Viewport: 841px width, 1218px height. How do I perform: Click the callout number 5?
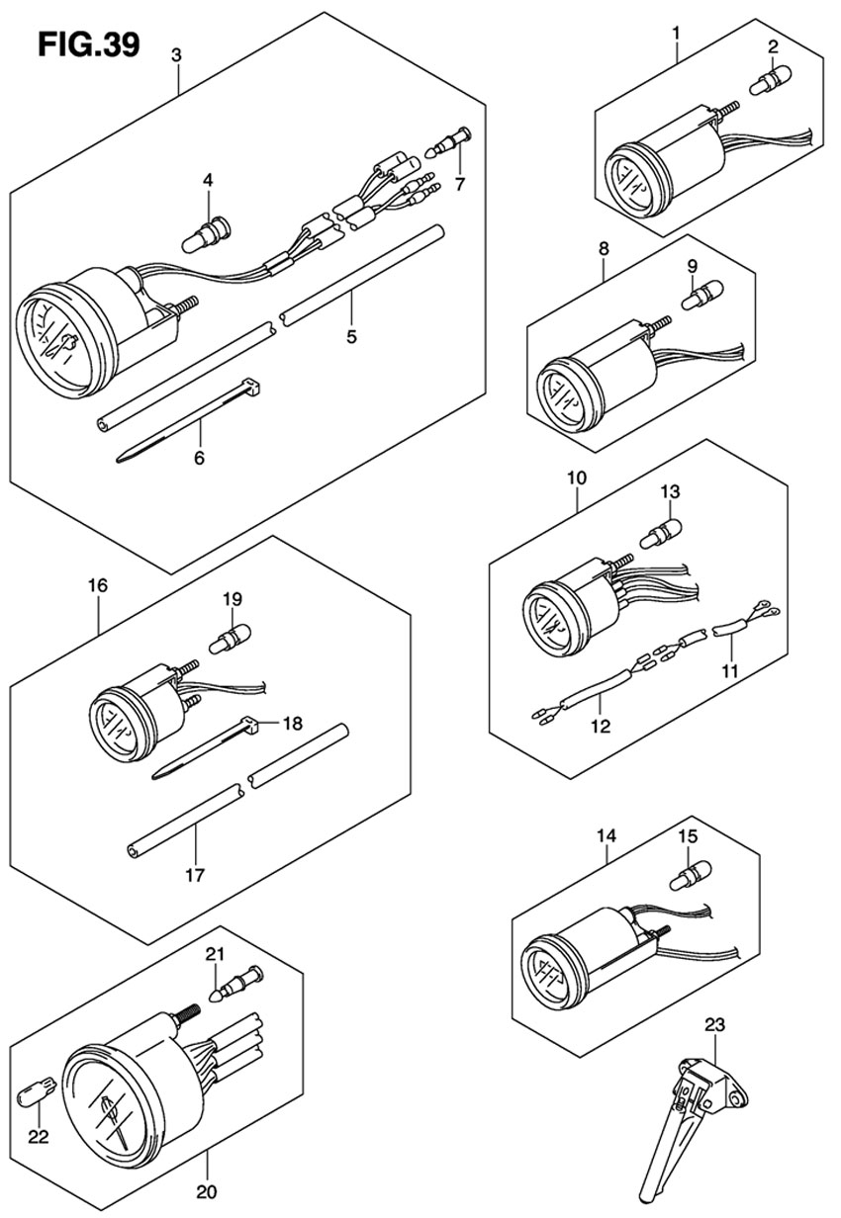pyautogui.click(x=351, y=336)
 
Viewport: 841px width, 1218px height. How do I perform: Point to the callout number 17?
pyautogui.click(x=195, y=875)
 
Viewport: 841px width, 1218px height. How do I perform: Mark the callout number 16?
pyautogui.click(x=97, y=585)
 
